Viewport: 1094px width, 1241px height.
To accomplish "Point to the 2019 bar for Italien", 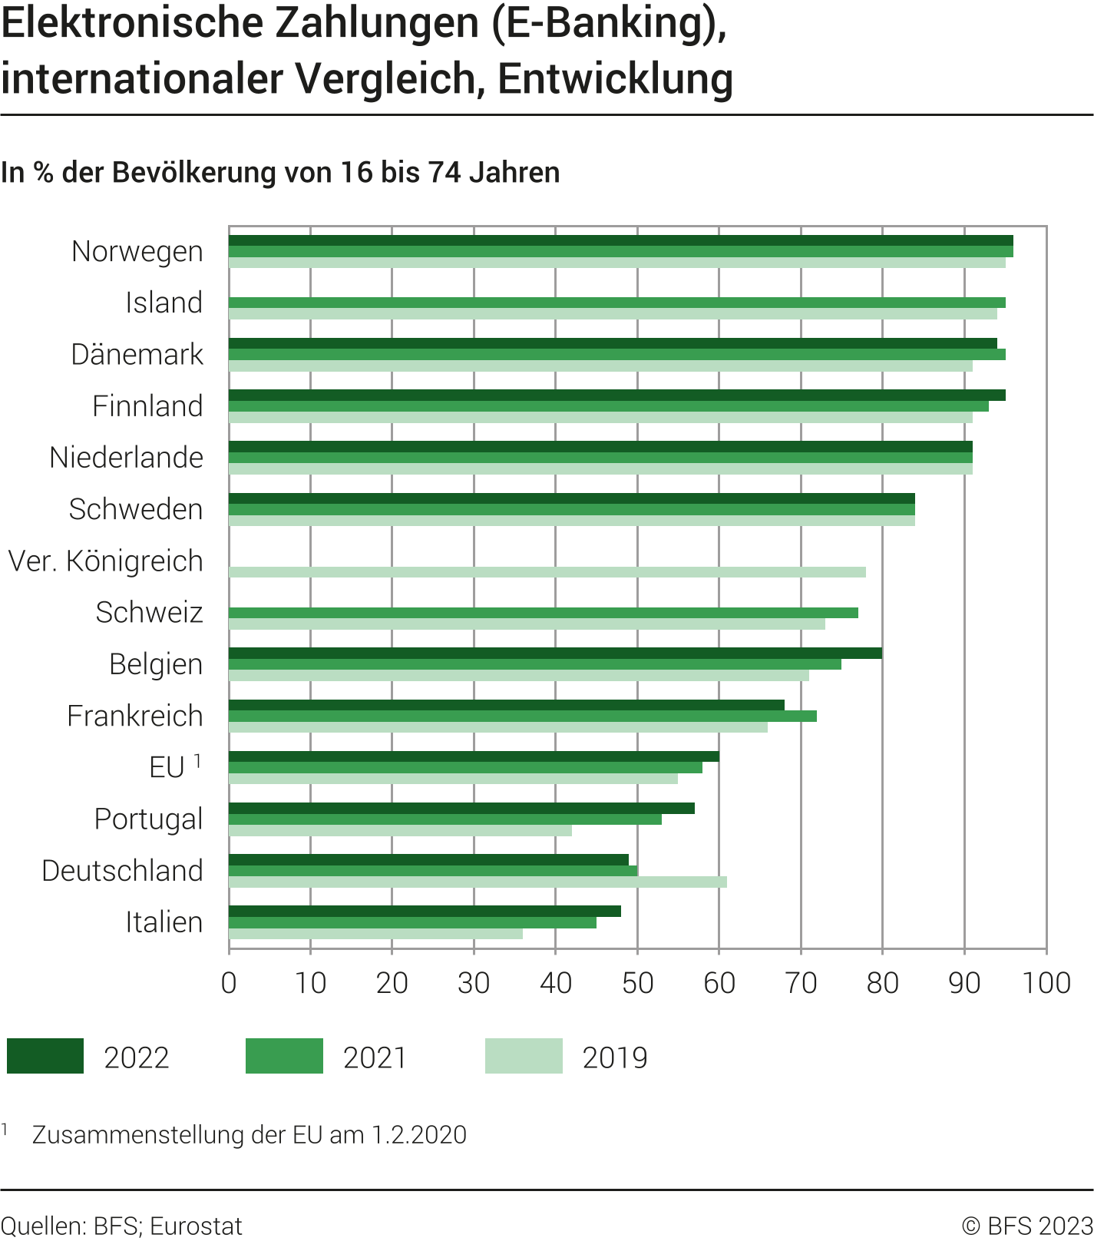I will tap(375, 934).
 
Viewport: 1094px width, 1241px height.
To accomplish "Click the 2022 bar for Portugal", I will tap(461, 808).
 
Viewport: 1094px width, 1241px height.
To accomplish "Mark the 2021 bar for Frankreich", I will tap(522, 716).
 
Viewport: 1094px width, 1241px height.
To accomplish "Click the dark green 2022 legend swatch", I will tap(45, 1056).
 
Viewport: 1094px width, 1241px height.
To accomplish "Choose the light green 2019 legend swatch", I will tap(524, 1056).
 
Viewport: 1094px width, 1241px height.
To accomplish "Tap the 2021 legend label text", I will tap(375, 1058).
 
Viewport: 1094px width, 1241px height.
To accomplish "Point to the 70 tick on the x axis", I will tap(801, 983).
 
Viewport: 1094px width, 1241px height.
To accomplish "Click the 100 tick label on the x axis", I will tap(1046, 983).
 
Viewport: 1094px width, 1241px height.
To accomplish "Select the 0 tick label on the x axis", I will tap(229, 983).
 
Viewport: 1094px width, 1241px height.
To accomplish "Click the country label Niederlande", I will tap(127, 458).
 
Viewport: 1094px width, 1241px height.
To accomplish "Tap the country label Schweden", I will tap(136, 509).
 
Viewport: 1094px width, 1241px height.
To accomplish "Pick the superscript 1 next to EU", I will tap(197, 761).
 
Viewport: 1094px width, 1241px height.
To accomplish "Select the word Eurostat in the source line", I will tap(196, 1226).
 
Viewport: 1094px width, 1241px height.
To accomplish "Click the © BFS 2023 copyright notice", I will tap(1027, 1226).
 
